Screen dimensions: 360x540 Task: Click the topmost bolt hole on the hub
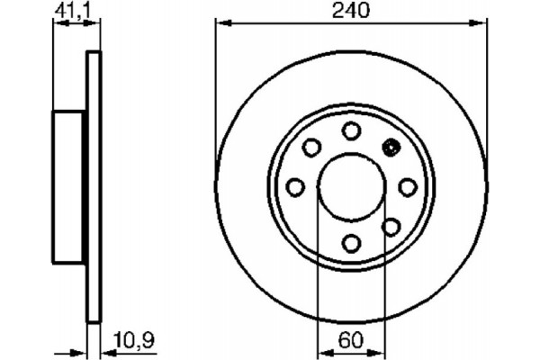351,131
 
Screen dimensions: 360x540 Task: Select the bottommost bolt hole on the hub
351,243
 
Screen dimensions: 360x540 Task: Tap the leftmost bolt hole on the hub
295,187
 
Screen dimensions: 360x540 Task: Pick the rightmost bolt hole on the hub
408,187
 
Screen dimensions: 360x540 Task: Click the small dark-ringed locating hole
391,148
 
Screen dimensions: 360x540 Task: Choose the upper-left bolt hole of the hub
311,148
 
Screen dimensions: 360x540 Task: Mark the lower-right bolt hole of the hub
391,226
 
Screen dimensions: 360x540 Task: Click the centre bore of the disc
351,187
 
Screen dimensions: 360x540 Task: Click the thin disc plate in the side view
91,186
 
